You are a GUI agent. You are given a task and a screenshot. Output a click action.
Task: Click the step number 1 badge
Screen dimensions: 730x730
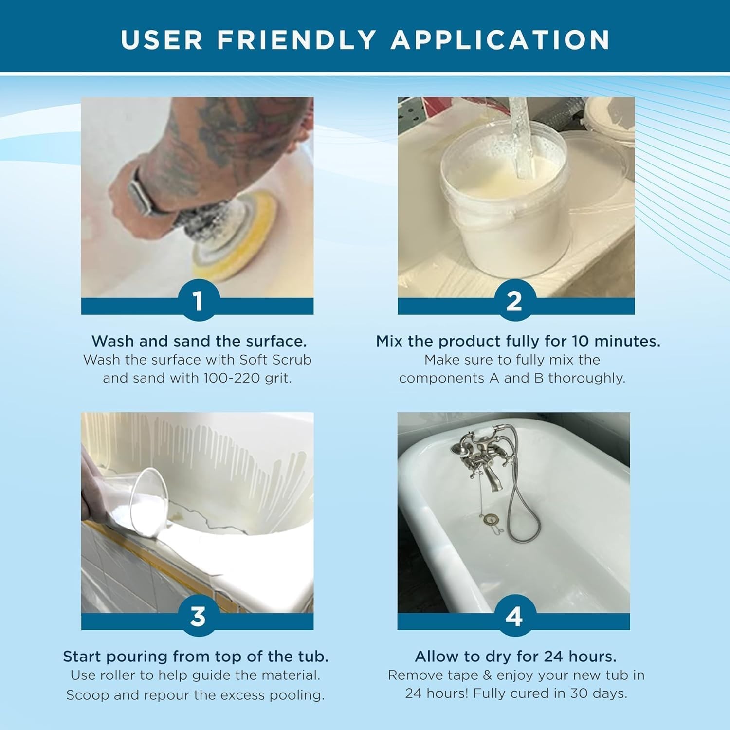(x=198, y=301)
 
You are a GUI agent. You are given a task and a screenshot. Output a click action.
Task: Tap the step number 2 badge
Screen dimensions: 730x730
(x=514, y=301)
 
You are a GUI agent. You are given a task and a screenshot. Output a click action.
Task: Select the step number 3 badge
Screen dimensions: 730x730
(x=198, y=616)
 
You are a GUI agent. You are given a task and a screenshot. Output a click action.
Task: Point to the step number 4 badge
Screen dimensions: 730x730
(x=514, y=616)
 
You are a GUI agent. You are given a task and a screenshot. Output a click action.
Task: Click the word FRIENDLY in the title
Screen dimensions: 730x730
(x=296, y=40)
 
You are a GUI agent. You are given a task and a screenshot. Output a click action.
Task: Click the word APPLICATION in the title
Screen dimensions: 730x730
(x=500, y=40)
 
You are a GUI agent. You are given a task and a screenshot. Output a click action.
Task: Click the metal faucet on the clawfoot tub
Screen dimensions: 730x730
(x=479, y=457)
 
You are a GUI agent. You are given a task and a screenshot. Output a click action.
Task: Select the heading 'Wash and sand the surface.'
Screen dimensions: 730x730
(x=199, y=341)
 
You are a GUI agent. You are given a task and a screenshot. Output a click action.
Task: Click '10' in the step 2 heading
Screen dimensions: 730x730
(x=580, y=341)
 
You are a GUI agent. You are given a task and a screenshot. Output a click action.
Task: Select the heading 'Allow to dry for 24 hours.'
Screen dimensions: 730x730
(x=515, y=657)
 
